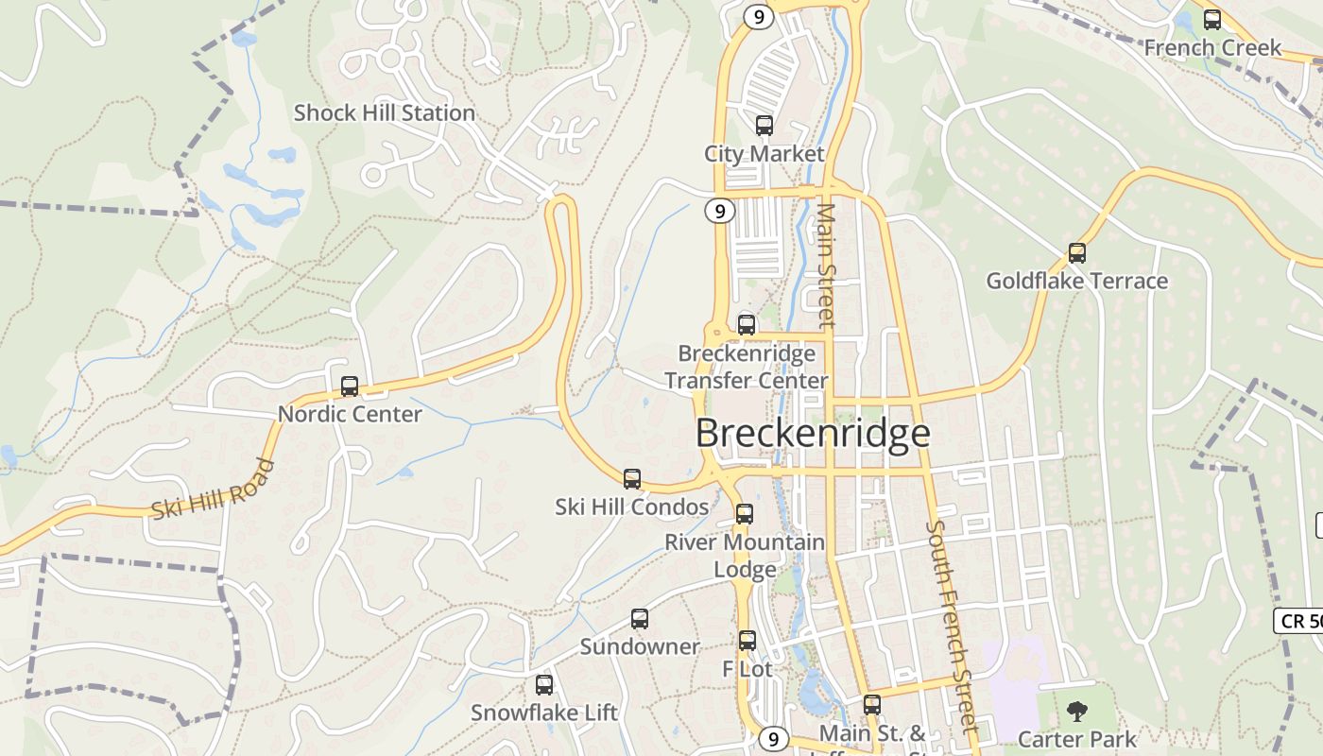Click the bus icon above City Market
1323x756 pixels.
tap(764, 125)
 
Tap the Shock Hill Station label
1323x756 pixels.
tap(384, 113)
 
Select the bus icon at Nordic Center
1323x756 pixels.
tap(350, 386)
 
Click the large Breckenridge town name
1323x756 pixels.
tap(813, 433)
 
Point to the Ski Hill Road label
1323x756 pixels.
tap(213, 490)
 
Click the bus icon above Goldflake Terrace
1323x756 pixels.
tap(1076, 253)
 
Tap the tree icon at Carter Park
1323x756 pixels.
tap(1076, 712)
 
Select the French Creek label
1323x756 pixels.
tap(1212, 47)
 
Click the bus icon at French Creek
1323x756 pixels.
tap(1211, 19)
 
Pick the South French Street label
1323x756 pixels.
tap(949, 627)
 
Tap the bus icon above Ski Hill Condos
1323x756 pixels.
tap(632, 479)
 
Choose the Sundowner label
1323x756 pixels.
tap(640, 647)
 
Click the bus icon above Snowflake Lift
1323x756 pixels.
tap(544, 685)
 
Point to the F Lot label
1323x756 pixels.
tap(747, 669)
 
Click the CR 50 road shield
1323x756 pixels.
tap(1298, 621)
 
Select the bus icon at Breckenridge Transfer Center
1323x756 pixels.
tap(747, 325)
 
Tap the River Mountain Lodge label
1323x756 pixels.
tap(745, 556)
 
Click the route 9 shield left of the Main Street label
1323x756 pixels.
tap(720, 212)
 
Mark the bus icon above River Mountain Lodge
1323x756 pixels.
tap(745, 514)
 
